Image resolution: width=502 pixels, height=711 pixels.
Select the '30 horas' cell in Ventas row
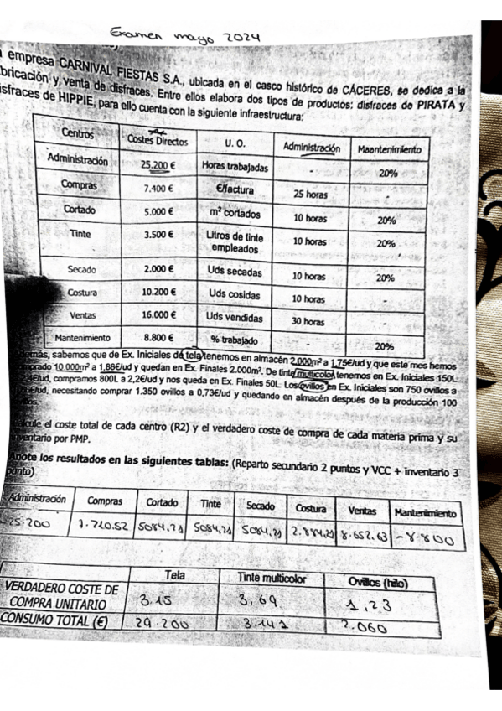308,321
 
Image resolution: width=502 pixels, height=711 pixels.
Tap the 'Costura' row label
82,293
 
